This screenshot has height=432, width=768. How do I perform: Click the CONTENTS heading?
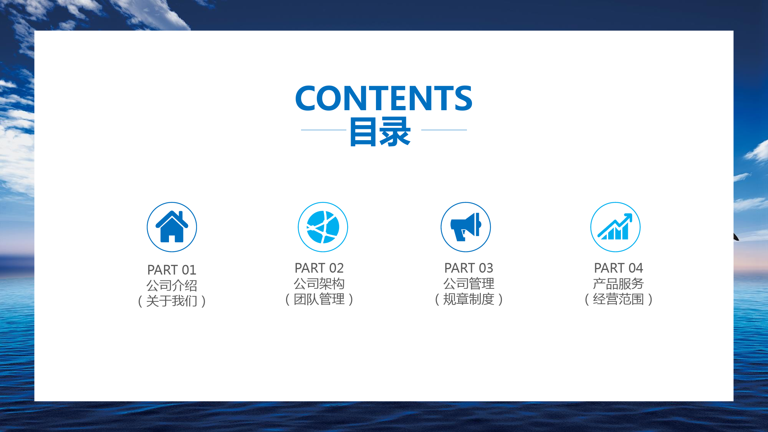[x=384, y=98]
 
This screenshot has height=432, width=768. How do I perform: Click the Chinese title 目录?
[x=380, y=132]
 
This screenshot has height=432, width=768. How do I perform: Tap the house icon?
[x=172, y=227]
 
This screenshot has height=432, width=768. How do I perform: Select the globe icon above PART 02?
[x=323, y=227]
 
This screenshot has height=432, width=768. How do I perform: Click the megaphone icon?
[x=466, y=227]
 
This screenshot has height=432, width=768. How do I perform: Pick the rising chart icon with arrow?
[x=616, y=227]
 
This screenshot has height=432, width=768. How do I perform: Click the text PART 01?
[x=172, y=270]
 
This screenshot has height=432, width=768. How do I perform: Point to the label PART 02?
[x=319, y=268]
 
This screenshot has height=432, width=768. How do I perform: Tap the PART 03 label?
[x=468, y=268]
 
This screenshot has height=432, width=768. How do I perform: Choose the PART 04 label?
[x=618, y=268]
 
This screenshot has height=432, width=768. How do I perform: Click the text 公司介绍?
[x=172, y=285]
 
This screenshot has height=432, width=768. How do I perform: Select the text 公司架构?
[x=319, y=284]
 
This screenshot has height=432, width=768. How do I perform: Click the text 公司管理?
[x=468, y=284]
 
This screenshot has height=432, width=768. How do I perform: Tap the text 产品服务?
[x=618, y=284]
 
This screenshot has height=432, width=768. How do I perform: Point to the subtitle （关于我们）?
[x=172, y=301]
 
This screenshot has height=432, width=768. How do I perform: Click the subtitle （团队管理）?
[x=319, y=299]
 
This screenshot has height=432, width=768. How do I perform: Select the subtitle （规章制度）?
[x=468, y=299]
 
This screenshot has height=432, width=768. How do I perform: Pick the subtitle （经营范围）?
[x=618, y=299]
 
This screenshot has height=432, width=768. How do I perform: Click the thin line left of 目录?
[x=324, y=130]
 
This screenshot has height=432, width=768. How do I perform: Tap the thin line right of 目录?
[x=444, y=130]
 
